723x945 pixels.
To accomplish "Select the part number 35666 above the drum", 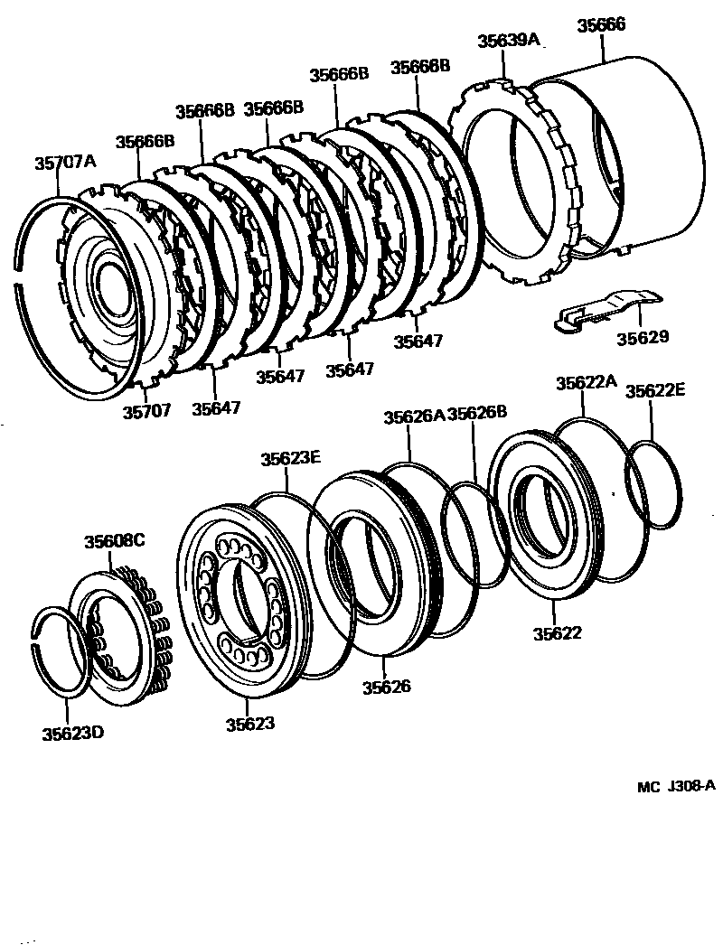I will tap(601, 26).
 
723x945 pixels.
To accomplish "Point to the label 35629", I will tap(643, 338).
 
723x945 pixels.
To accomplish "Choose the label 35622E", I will tap(656, 390).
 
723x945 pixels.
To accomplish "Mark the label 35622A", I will tap(586, 382).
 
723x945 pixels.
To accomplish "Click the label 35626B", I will tap(477, 414).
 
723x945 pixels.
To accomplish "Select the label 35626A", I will tap(413, 416).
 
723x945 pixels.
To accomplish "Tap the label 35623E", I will tap(291, 458).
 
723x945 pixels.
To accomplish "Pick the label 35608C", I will tap(115, 542).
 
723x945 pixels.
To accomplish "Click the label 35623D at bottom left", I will tap(72, 733).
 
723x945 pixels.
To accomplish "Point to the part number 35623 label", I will tap(250, 724).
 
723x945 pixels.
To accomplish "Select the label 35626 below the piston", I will tap(387, 687).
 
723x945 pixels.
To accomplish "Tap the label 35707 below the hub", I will tap(146, 410).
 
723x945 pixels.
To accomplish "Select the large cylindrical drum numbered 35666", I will tap(633, 154).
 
